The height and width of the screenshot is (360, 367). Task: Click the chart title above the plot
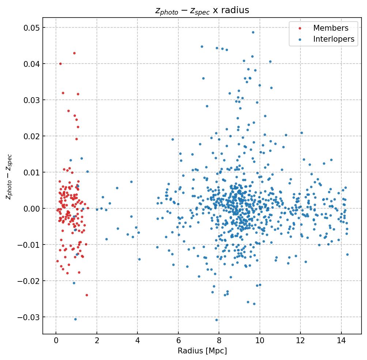pos(202,11)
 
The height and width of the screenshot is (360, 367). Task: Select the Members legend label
pos(330,28)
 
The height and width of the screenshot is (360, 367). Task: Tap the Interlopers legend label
pos(333,39)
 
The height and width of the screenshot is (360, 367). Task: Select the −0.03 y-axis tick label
pos(29,317)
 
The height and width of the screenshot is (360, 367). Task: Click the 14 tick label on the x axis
pos(341,341)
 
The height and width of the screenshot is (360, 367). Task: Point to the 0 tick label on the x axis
pos(56,341)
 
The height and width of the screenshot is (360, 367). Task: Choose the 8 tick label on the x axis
pos(219,341)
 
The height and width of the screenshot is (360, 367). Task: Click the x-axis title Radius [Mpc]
pos(202,351)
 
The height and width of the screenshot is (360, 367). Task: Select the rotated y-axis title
pos(9,177)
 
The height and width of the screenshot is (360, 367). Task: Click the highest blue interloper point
pos(253,32)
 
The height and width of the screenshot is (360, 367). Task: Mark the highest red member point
pos(74,53)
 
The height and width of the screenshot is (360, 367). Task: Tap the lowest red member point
pos(87,295)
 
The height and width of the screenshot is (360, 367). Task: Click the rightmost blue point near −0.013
pos(347,254)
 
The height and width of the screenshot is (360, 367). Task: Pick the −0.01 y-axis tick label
pos(29,245)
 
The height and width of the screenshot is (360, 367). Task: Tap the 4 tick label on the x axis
pos(137,341)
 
